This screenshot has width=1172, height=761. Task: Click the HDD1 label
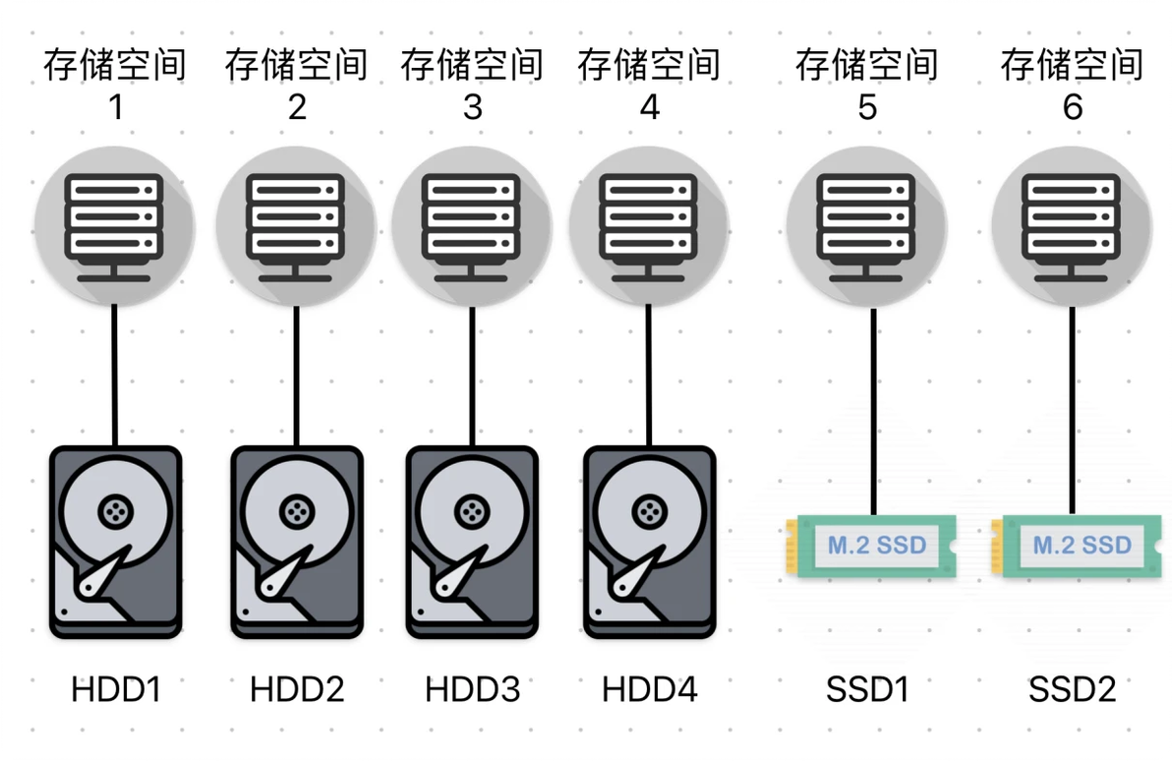(115, 690)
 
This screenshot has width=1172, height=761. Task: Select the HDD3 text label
(472, 690)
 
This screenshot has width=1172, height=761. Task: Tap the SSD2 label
(1072, 690)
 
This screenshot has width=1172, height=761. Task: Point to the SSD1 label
(866, 690)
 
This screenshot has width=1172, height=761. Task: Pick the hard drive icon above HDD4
(649, 543)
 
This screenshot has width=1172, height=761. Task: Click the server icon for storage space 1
(115, 227)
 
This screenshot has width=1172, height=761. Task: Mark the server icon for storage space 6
(1072, 227)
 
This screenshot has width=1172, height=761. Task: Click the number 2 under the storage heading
(297, 106)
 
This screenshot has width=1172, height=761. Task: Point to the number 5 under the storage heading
(866, 106)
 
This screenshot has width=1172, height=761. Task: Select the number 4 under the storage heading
(649, 106)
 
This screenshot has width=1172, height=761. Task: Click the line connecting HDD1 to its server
(115, 374)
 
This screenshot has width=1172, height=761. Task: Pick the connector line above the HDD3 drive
(472, 374)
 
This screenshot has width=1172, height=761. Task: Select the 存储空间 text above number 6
(1072, 65)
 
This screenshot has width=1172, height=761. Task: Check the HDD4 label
(649, 690)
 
